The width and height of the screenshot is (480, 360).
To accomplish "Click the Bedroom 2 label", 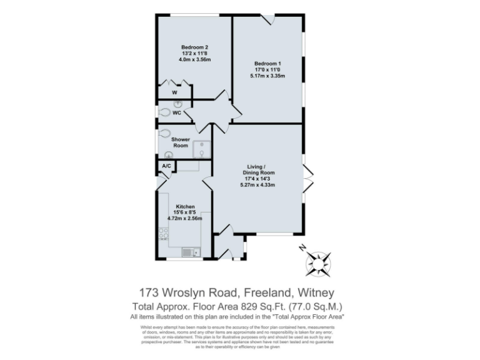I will pos(194,47).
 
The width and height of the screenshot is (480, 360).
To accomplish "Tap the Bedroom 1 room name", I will pos(267,63).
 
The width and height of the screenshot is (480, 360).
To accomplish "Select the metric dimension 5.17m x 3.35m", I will pos(267,76).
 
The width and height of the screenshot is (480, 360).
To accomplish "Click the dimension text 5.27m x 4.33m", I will pos(258,185).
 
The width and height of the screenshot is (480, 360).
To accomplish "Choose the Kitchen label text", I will pos(186,206).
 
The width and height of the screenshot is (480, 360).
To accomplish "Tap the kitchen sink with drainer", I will pos(189,252).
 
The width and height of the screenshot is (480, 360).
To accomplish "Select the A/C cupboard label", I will pos(166,166).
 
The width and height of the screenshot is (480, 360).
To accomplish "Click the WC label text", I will pos(177,113).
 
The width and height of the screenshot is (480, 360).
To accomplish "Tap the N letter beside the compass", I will pos(302,248).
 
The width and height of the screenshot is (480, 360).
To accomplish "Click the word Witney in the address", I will pos(316,293).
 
